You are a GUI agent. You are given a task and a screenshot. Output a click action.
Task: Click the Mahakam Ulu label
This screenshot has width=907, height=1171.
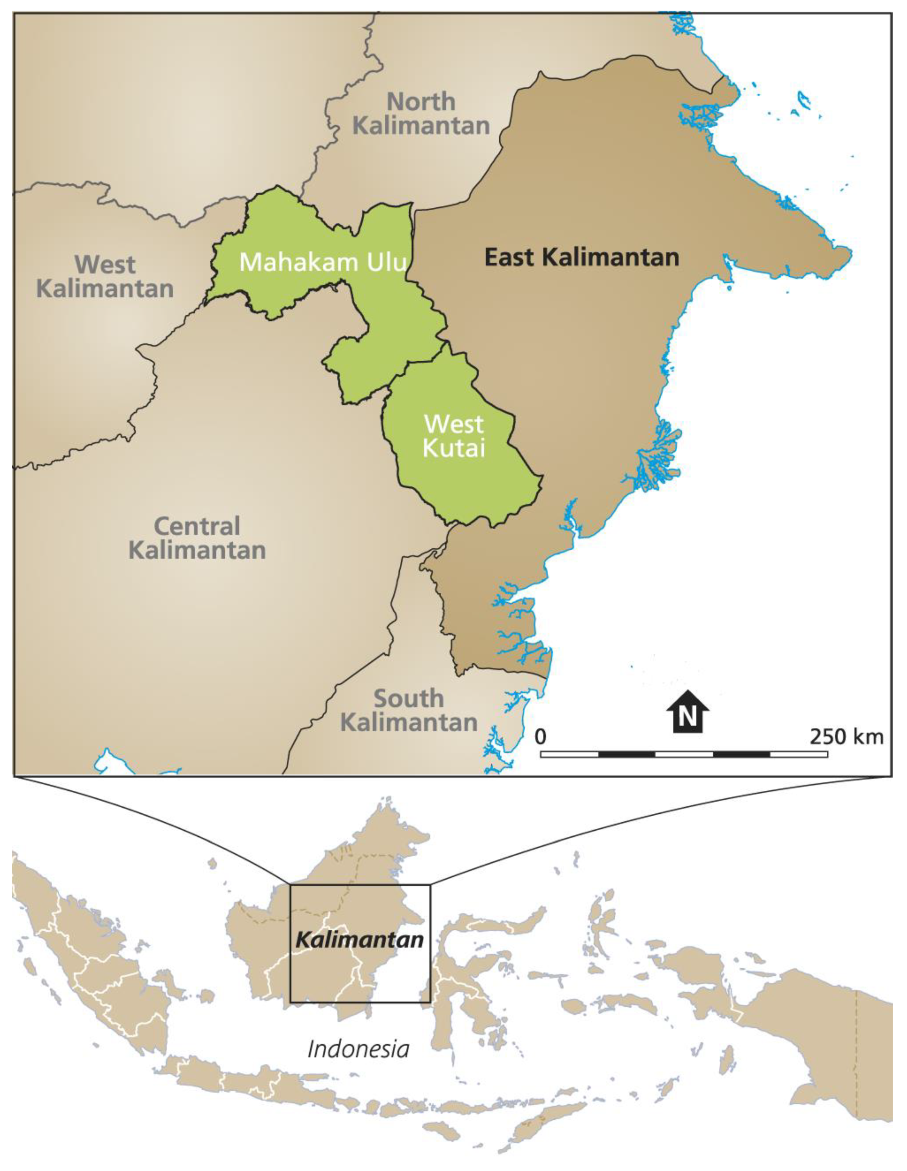click(x=322, y=262)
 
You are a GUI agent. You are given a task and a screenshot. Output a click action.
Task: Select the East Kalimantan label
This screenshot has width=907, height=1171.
click(x=582, y=257)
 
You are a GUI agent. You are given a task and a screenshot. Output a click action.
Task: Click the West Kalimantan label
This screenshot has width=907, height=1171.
click(x=105, y=277)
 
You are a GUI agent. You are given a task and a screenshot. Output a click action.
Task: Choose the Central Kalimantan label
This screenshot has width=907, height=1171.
click(x=197, y=538)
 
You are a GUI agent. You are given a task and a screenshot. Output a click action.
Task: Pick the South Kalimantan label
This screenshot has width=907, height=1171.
click(x=409, y=710)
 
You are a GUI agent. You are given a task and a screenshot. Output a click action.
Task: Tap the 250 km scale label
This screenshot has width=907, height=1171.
click(x=846, y=737)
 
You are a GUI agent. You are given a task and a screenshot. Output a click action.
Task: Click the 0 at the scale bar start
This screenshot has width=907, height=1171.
click(x=541, y=737)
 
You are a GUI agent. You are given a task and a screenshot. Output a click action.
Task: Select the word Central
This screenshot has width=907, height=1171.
click(x=197, y=526)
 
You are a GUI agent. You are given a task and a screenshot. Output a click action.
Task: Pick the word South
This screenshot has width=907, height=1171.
click(x=409, y=699)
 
